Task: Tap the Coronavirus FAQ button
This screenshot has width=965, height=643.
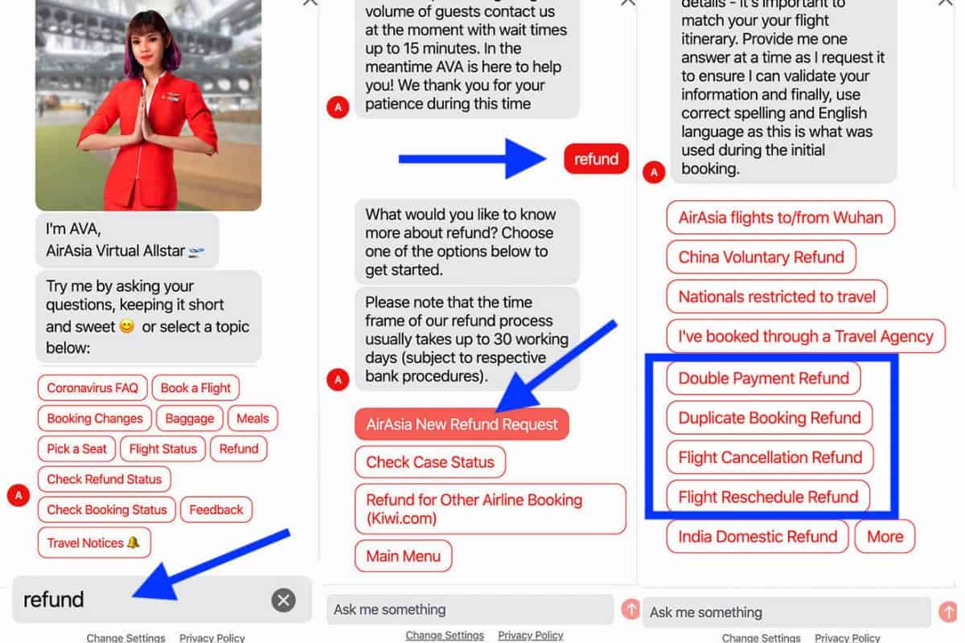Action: click(92, 387)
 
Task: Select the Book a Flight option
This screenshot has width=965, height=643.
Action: click(195, 387)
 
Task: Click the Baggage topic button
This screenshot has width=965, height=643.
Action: click(190, 418)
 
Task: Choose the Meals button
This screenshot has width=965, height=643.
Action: click(253, 418)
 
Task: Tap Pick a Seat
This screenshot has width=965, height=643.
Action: click(76, 448)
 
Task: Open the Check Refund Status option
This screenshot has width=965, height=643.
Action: click(105, 479)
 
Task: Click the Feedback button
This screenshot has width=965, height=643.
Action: click(216, 510)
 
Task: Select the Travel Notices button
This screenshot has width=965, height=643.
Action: click(94, 543)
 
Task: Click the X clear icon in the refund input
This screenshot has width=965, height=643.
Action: click(283, 600)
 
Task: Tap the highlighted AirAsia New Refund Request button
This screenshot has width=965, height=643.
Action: click(462, 424)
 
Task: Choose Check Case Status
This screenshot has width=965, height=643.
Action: click(430, 462)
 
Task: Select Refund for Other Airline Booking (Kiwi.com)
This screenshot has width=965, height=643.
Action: click(491, 509)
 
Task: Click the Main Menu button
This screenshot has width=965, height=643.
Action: click(404, 556)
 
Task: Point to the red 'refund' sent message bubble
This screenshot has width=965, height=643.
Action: click(596, 159)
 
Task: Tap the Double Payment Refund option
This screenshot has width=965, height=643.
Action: click(763, 378)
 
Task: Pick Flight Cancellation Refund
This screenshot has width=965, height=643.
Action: click(770, 457)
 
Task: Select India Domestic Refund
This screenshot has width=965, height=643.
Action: click(758, 537)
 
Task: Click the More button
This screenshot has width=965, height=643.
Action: click(885, 537)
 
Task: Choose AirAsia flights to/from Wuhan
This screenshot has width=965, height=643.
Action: click(781, 218)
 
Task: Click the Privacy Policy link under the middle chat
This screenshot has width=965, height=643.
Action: click(531, 635)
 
